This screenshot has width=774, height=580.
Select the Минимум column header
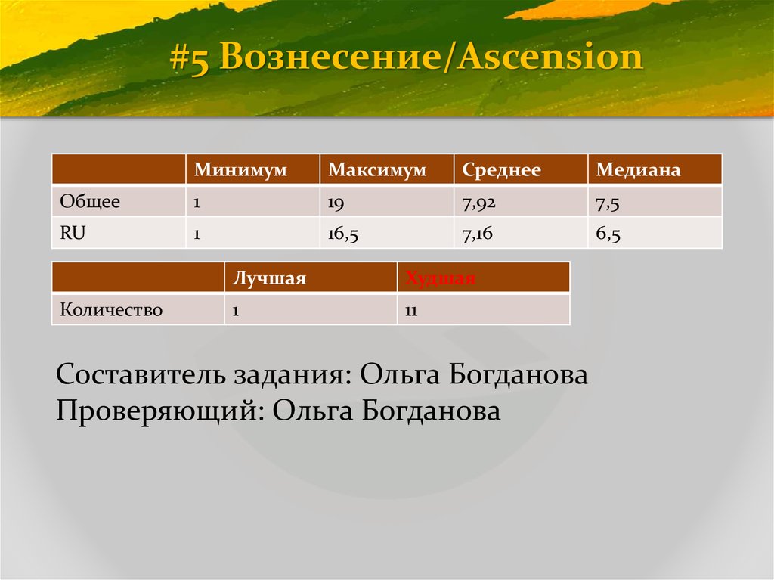[240, 170]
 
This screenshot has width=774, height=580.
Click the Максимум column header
[376, 170]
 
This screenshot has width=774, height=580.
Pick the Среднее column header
[501, 170]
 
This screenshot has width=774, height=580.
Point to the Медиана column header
[638, 170]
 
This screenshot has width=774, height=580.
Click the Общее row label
[90, 202]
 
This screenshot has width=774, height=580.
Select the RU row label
[73, 234]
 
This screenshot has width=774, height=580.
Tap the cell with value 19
[336, 203]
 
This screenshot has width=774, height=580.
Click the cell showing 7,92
[477, 203]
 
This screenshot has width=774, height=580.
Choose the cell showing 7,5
[608, 203]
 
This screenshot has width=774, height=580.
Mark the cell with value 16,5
[342, 235]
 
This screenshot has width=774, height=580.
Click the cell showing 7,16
[477, 235]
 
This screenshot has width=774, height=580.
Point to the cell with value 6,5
[608, 235]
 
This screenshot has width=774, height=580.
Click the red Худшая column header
[440, 278]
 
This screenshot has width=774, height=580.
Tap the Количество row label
[111, 310]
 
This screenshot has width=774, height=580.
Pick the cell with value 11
[412, 310]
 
